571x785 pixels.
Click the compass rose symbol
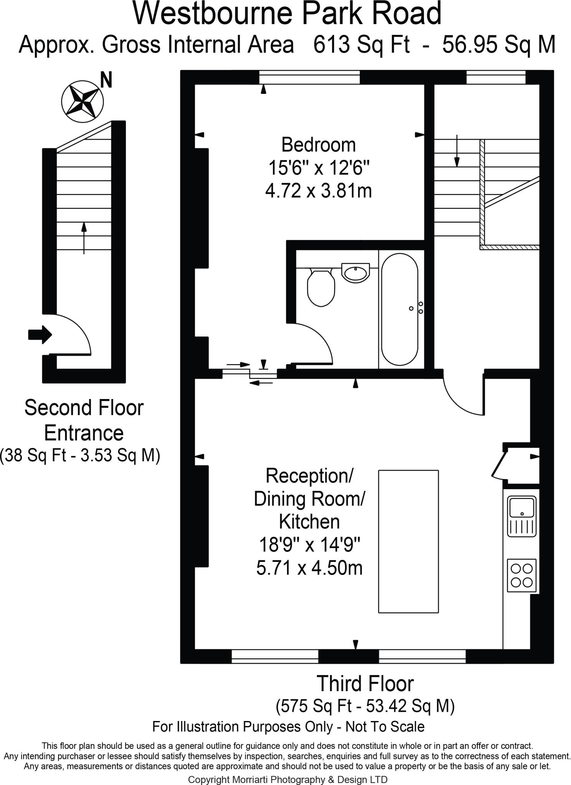[x=81, y=102]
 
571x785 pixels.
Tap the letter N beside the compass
[x=106, y=80]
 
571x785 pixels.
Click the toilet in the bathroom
[x=321, y=287]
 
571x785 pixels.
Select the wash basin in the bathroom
[x=355, y=273]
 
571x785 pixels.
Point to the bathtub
[x=400, y=309]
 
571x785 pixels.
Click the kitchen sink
[x=521, y=516]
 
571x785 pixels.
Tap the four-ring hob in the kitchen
[x=521, y=575]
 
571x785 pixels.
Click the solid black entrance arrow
[x=40, y=335]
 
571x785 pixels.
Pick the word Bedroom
[x=319, y=145]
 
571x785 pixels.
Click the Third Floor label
[x=365, y=684]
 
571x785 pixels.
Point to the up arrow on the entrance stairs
[x=84, y=238]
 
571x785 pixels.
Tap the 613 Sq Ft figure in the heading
[x=361, y=44]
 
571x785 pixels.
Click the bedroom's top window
[x=309, y=78]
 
